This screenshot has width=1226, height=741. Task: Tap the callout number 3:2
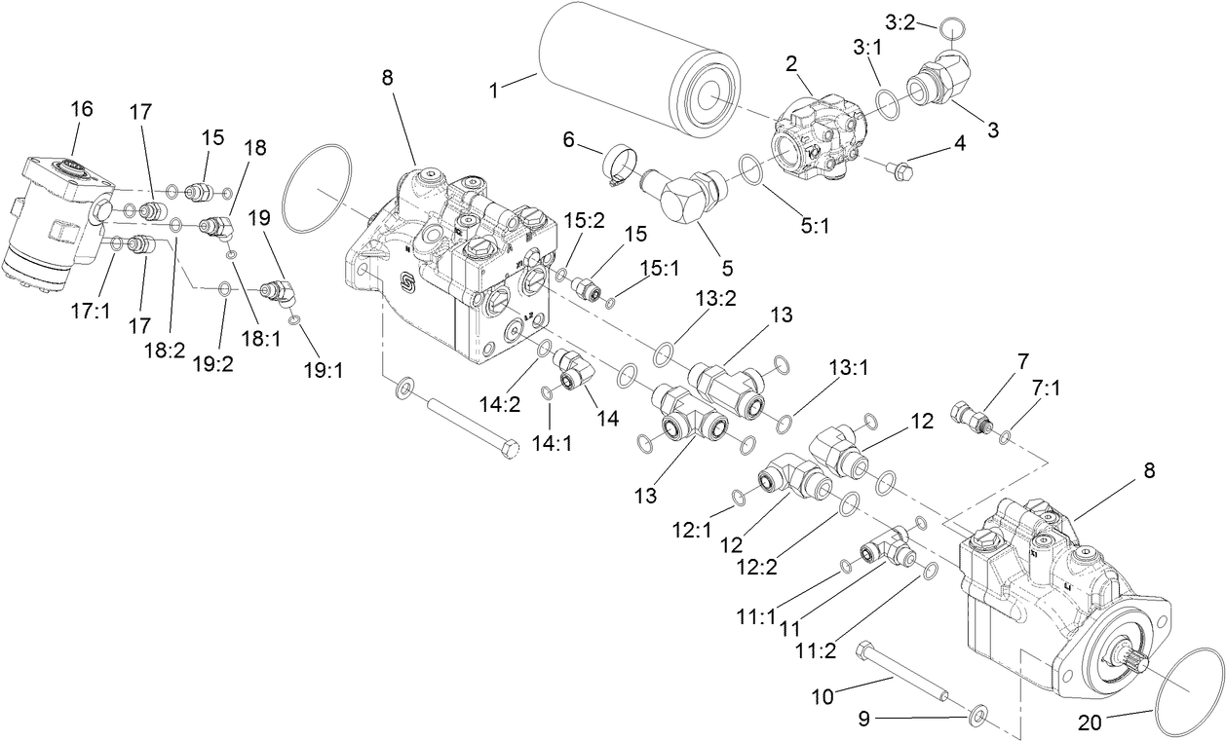(900, 20)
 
